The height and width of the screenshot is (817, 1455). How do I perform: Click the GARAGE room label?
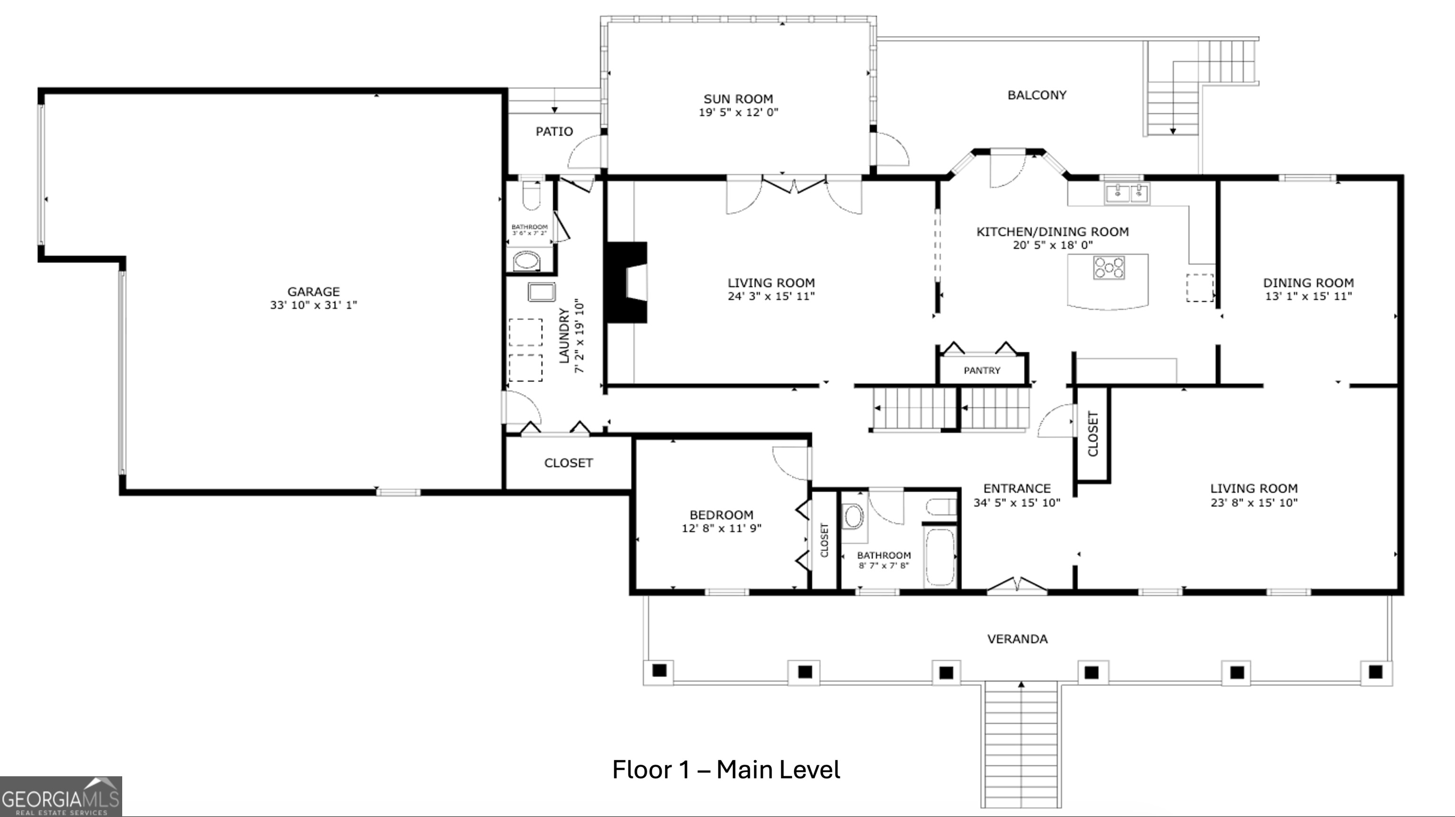[314, 292]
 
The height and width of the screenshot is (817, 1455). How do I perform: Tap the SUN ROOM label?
[738, 99]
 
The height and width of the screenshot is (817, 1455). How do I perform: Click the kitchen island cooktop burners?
[1109, 267]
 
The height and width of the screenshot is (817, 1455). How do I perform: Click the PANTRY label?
[982, 371]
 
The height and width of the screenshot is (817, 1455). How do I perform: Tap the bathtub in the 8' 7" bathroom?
[939, 557]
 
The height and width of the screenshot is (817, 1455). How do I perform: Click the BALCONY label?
[1037, 95]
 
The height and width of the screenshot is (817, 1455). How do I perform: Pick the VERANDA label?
[1017, 639]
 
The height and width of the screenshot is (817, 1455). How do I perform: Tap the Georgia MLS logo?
[61, 797]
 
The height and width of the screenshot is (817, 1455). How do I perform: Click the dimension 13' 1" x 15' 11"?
[1309, 296]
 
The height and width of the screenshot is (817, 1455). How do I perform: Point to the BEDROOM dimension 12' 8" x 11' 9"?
[722, 528]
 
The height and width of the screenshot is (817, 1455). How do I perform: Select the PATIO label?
[554, 132]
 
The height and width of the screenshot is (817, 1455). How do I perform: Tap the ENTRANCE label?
[1017, 489]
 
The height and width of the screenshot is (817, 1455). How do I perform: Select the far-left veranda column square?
[659, 671]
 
